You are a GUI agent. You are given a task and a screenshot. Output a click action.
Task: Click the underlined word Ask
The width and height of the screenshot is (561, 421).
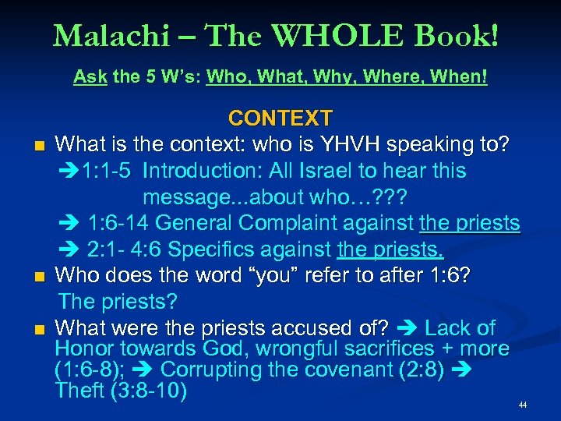[x=90, y=78]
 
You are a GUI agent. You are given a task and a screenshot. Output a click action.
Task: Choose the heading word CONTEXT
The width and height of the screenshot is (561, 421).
[x=280, y=119]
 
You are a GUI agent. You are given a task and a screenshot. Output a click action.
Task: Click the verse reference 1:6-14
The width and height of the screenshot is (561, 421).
[x=119, y=224]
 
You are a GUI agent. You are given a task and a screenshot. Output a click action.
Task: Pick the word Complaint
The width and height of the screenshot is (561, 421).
[x=296, y=224]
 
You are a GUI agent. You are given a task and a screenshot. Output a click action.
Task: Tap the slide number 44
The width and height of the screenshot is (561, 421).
[x=523, y=405]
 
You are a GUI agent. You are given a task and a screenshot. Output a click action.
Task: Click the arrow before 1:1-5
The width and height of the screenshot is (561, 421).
[x=69, y=171]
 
